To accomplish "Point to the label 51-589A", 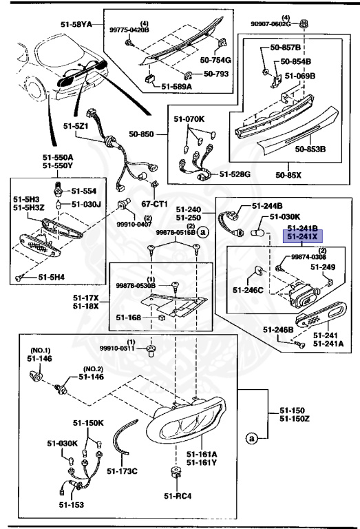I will pyautogui.click(x=178, y=87).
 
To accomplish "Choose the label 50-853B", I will pyautogui.click(x=310, y=147).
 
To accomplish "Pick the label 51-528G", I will pyautogui.click(x=235, y=174).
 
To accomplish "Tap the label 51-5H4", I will pyautogui.click(x=52, y=277).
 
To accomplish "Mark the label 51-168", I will pyautogui.click(x=129, y=318).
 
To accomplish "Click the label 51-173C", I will pyautogui.click(x=125, y=471).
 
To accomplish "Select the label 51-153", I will pyautogui.click(x=70, y=505).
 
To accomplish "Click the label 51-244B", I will pyautogui.click(x=266, y=205).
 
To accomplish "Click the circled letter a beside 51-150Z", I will pyautogui.click(x=252, y=437).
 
